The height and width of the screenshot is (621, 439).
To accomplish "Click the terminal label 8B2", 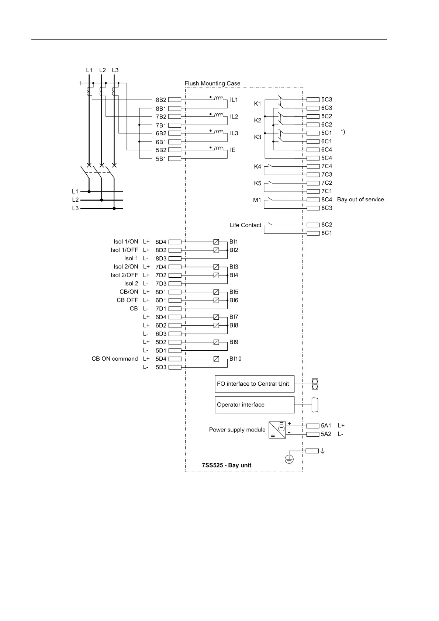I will [161, 100].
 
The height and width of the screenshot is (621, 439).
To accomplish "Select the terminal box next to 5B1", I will [174, 159].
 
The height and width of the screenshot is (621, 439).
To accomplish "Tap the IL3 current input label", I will [234, 133].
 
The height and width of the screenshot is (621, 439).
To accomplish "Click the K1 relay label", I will [257, 104].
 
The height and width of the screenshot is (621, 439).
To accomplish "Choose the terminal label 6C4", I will [326, 150].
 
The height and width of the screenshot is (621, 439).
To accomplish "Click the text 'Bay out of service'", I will [360, 200].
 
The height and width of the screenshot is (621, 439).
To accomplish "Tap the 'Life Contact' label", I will [245, 225].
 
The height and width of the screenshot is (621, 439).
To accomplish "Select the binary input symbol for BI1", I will [216, 242].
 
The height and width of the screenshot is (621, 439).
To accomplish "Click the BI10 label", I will [235, 359].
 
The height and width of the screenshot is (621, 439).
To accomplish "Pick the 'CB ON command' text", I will [115, 359].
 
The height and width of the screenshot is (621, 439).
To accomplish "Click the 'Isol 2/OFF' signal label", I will [124, 275].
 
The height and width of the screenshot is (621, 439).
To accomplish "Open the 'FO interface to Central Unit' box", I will [255, 384].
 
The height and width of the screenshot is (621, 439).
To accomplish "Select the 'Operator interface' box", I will [255, 405].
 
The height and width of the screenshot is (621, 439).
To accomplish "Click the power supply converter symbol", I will [277, 430].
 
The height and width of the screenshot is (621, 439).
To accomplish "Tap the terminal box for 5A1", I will [313, 426].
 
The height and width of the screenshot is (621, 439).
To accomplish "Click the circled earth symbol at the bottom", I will [289, 459].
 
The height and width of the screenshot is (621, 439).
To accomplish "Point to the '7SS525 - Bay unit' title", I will [227, 465].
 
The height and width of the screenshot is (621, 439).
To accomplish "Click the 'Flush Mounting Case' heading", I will [212, 84].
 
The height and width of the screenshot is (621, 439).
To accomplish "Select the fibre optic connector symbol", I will [315, 384].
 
